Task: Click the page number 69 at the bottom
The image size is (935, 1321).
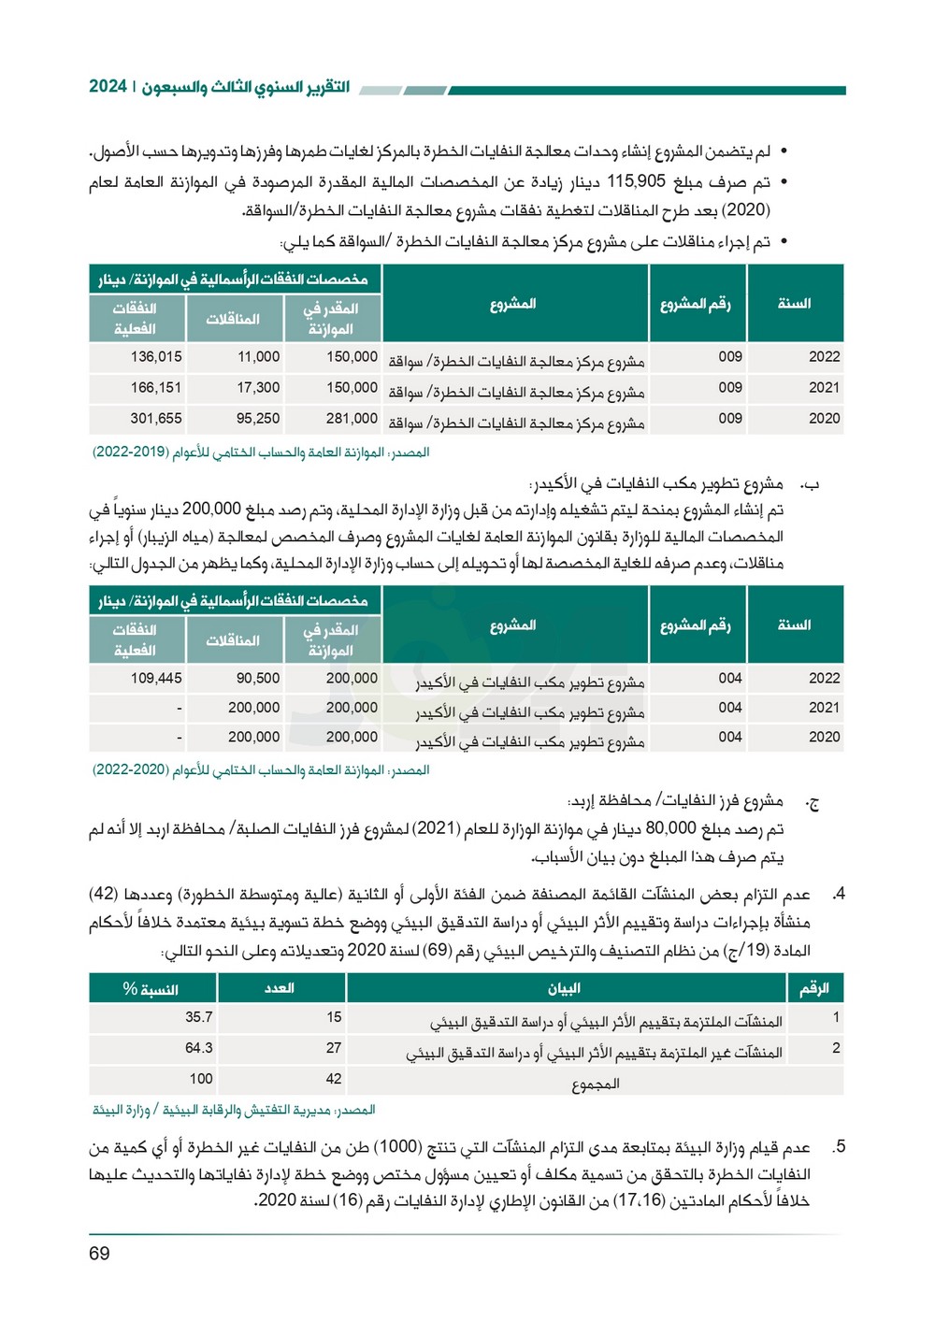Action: click(99, 1254)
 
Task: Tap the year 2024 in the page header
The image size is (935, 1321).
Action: click(108, 87)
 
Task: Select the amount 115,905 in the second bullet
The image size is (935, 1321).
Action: click(636, 181)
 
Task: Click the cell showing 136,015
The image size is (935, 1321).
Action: click(156, 357)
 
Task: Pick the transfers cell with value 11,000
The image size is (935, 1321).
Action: click(258, 357)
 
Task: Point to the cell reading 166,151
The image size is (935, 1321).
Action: click(156, 388)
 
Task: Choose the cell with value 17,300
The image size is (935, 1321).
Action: click(258, 388)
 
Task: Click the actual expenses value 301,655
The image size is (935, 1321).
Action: click(156, 419)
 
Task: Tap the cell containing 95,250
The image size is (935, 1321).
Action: click(258, 419)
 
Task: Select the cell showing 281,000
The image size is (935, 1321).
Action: click(352, 419)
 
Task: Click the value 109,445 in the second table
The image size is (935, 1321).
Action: click(156, 679)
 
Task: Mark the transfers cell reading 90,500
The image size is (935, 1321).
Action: click(258, 679)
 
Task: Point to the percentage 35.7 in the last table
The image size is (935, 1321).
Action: click(198, 1017)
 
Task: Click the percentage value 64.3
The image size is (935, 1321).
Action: click(198, 1048)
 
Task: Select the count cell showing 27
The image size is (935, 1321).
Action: click(334, 1048)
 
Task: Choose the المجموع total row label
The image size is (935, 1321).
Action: click(596, 1084)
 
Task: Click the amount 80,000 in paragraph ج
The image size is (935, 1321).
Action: click(670, 828)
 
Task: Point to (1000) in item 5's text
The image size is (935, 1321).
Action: click(396, 1147)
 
